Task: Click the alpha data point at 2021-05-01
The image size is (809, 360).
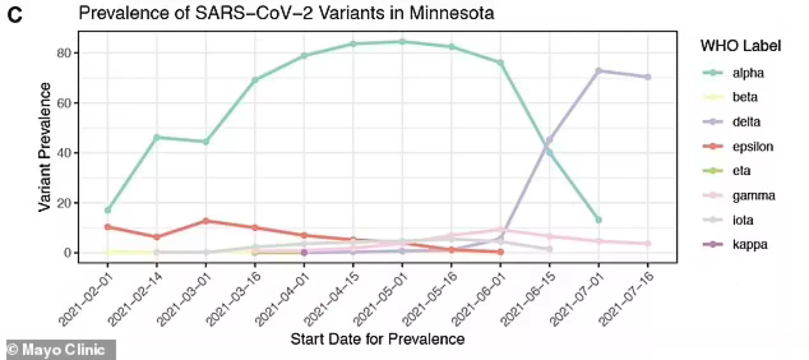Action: click(x=402, y=41)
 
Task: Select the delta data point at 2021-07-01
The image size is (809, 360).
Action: click(x=598, y=71)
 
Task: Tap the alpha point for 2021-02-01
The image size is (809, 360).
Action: click(x=108, y=210)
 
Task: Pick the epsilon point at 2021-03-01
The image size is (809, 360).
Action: click(x=206, y=221)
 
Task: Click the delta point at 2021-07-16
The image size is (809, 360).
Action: click(x=648, y=77)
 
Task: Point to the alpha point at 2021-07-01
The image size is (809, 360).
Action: click(x=598, y=220)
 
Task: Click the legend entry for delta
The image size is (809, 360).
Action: click(x=746, y=122)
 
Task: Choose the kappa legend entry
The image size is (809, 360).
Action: click(x=749, y=245)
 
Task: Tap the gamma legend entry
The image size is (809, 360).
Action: click(x=753, y=196)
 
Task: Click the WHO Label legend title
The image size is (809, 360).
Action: click(x=741, y=46)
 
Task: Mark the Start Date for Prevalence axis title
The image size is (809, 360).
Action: click(x=377, y=339)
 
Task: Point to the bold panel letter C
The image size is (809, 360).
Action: click(x=15, y=15)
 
